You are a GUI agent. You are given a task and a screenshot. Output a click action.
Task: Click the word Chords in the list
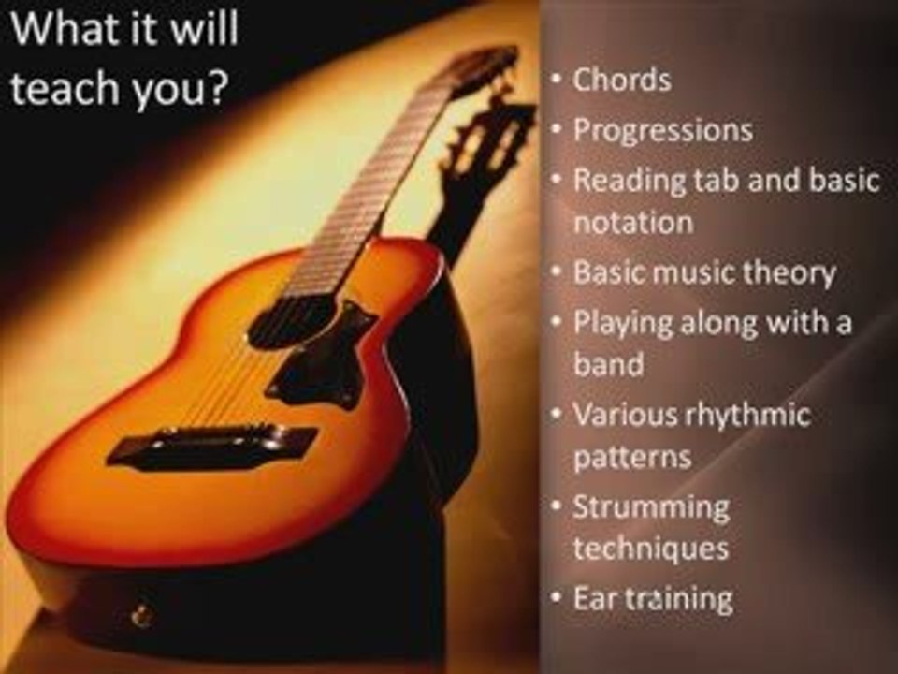point(622,81)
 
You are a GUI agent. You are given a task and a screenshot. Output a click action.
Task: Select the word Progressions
point(662,130)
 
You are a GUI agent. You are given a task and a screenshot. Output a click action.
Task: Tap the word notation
point(632,223)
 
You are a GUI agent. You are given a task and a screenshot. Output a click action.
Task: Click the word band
point(608,363)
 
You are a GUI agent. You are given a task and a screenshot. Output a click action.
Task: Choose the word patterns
point(632,458)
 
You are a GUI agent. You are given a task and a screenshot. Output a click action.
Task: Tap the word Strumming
point(651,507)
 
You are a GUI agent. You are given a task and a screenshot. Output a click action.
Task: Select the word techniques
point(651,549)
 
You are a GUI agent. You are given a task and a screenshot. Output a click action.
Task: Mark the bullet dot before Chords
point(556,79)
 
